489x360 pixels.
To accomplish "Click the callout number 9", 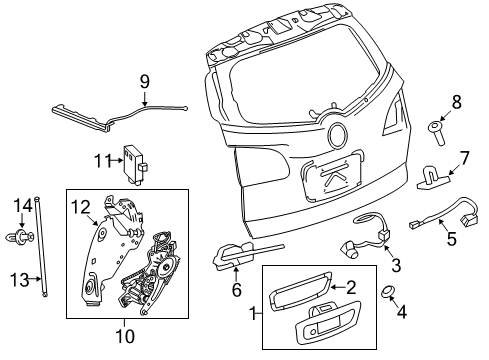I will pyautogui.click(x=144, y=81).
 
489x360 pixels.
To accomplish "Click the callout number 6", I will pyautogui.click(x=236, y=290).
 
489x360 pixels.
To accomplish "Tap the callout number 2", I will pyautogui.click(x=351, y=286).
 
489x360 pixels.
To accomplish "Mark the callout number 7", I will pyautogui.click(x=463, y=157).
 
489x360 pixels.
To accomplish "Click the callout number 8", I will pyautogui.click(x=457, y=101).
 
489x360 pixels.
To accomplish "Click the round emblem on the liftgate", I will pyautogui.click(x=339, y=136).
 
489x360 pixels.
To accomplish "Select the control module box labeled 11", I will pyautogui.click(x=134, y=158).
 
